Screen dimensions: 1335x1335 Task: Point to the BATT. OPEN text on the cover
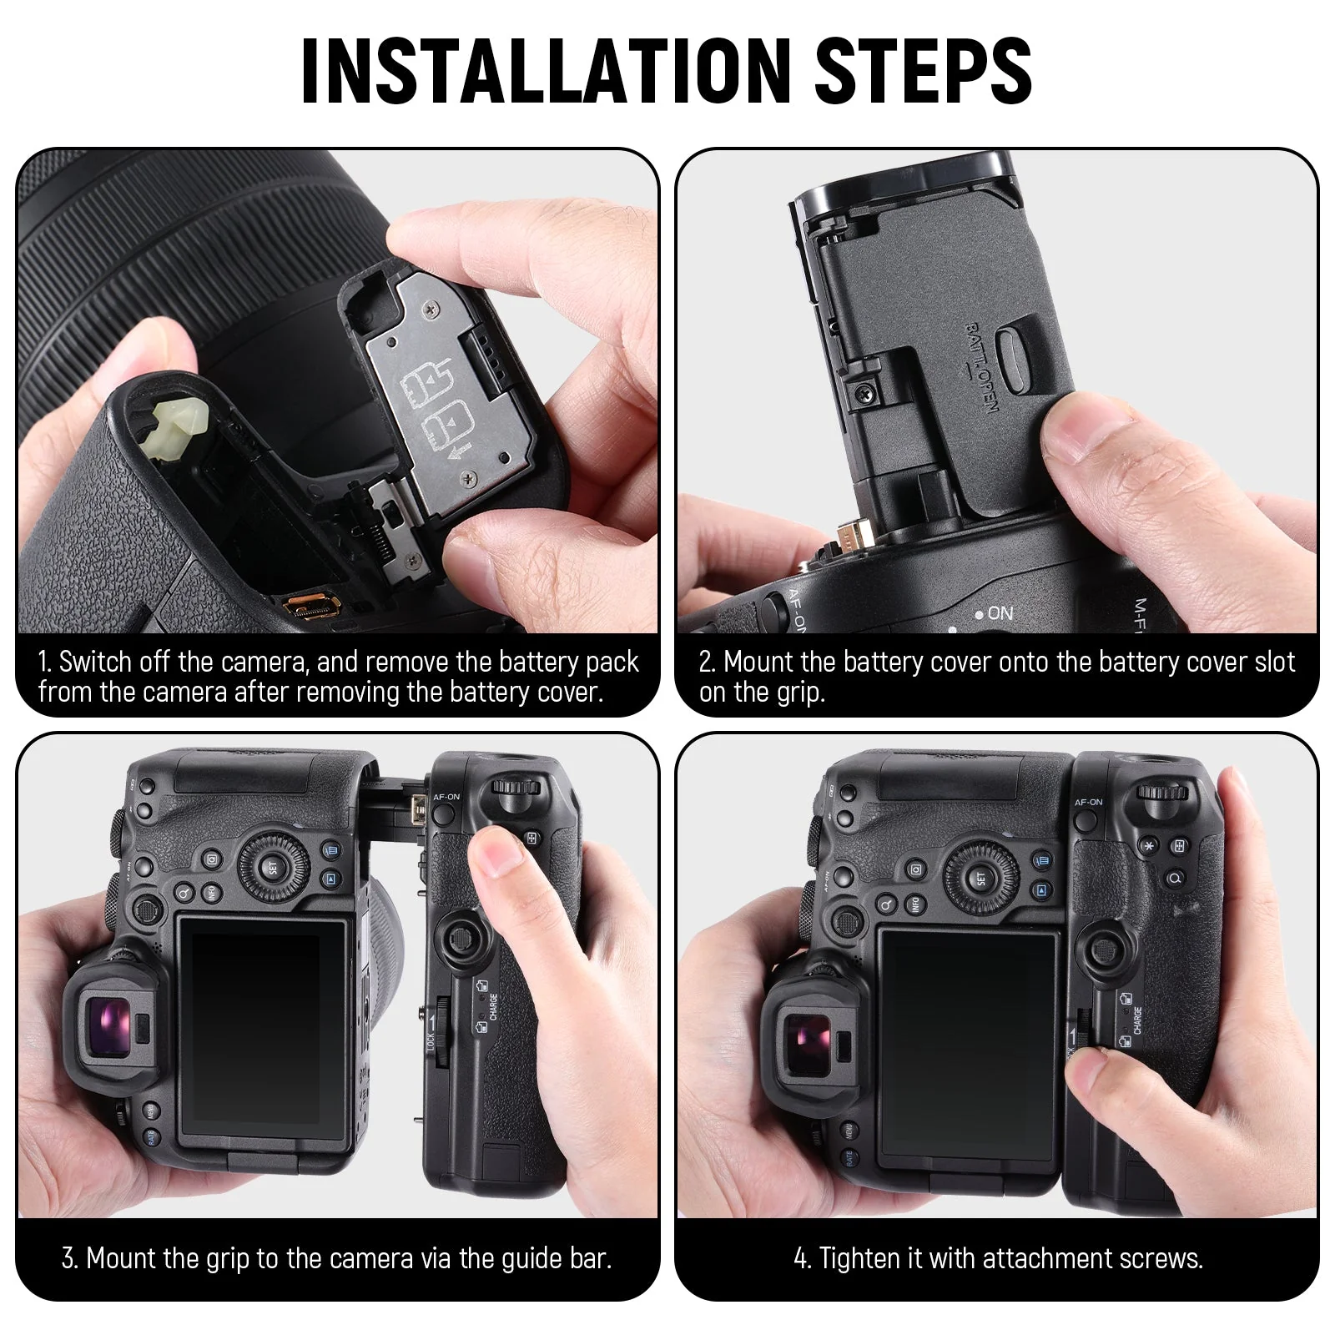[979, 368]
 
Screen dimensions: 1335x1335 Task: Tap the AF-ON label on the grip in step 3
[446, 797]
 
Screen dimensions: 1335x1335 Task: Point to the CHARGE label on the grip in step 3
[493, 1006]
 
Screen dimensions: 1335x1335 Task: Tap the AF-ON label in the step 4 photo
[1088, 802]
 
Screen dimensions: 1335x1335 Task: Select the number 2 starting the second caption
[706, 662]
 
